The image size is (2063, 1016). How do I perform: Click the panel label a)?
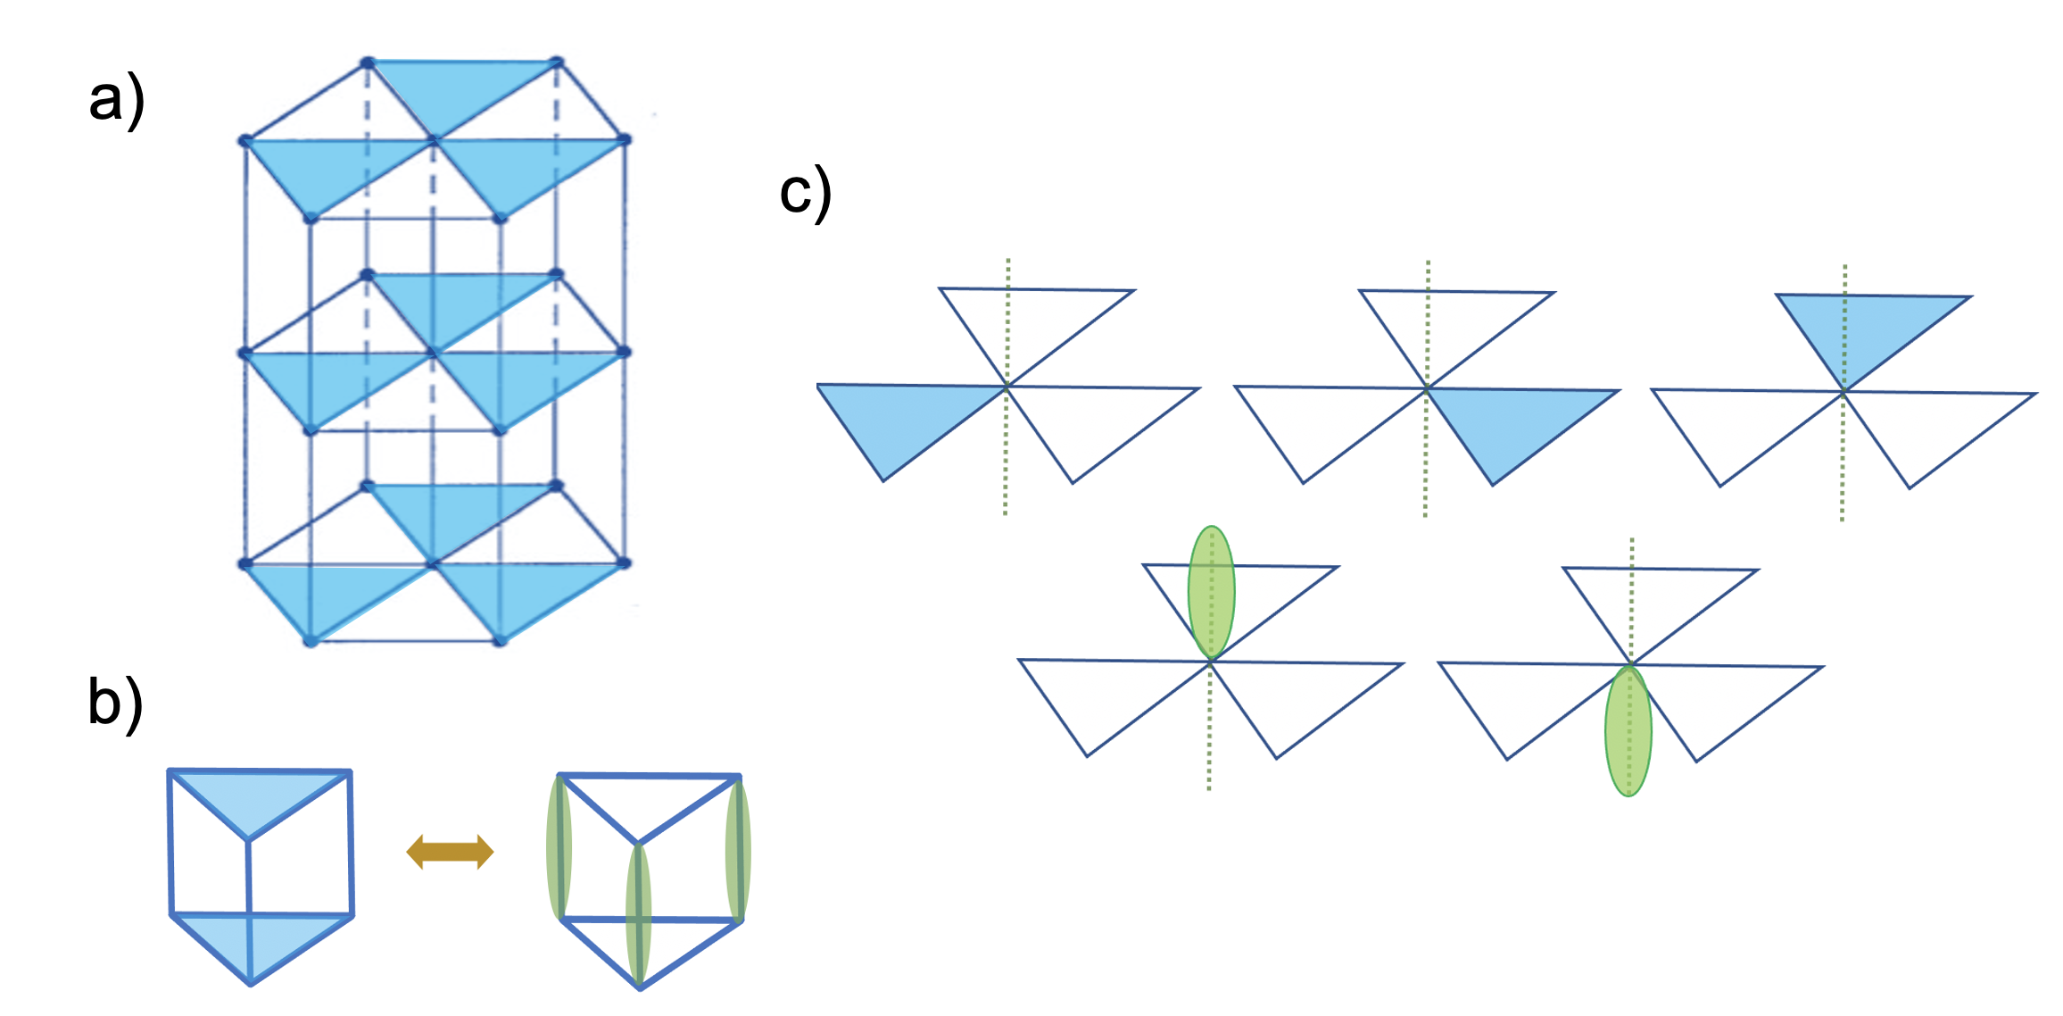[116, 100]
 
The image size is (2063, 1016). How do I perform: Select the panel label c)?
[805, 193]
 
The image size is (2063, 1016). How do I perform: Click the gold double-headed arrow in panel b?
[450, 852]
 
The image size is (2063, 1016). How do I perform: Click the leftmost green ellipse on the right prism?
[559, 848]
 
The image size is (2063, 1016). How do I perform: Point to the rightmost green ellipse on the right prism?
[738, 851]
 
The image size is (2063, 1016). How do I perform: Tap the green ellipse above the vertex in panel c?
[1211, 592]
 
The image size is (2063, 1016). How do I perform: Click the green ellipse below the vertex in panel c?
[1628, 730]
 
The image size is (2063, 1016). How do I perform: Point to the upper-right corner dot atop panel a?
[556, 62]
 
